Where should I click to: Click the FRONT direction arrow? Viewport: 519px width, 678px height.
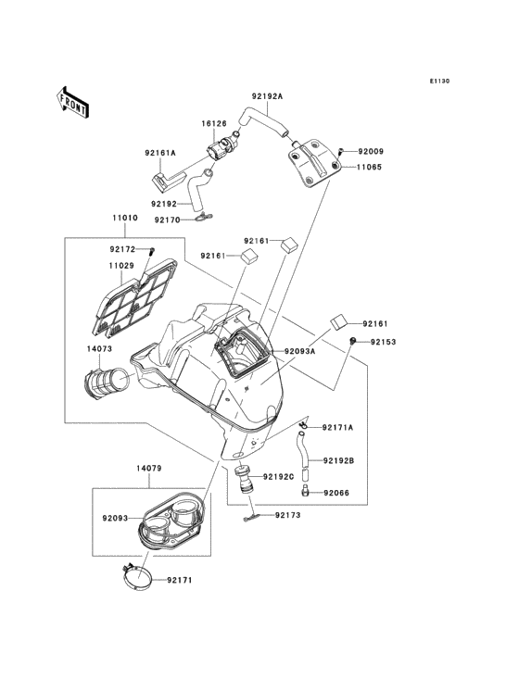72,102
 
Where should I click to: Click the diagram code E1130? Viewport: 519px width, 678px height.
439,81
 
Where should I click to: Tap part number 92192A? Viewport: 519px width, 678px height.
267,96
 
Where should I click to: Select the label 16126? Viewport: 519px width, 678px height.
214,124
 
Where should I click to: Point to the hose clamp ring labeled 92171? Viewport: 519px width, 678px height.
136,577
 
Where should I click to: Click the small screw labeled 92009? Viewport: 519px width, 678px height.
340,152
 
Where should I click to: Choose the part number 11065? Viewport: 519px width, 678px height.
369,167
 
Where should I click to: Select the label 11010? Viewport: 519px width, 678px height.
125,218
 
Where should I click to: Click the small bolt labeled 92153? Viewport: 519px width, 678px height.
353,342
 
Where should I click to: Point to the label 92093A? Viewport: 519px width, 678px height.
299,352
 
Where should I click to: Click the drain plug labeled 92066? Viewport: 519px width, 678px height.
305,491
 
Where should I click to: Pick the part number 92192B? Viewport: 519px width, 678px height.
338,461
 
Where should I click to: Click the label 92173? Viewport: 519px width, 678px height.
287,515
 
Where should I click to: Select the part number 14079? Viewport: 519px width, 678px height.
149,469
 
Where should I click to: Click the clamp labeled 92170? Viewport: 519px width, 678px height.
203,219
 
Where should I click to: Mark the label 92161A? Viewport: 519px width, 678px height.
160,153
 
